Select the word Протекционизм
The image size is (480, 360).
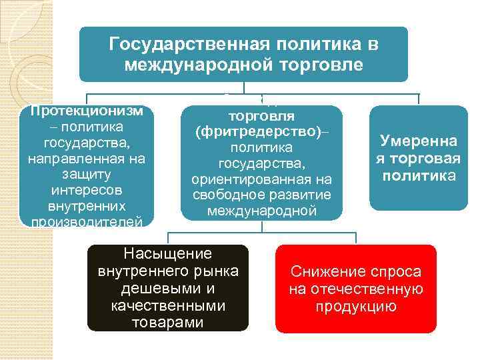pos(87,111)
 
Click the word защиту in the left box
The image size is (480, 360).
pos(87,174)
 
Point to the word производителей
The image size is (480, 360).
pos(87,221)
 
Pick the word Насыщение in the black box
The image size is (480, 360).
pos(168,253)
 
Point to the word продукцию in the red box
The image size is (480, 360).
pos(356,307)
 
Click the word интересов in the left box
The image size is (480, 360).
pos(87,190)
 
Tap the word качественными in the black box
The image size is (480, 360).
pos(168,307)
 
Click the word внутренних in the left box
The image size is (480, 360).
pos(87,206)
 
